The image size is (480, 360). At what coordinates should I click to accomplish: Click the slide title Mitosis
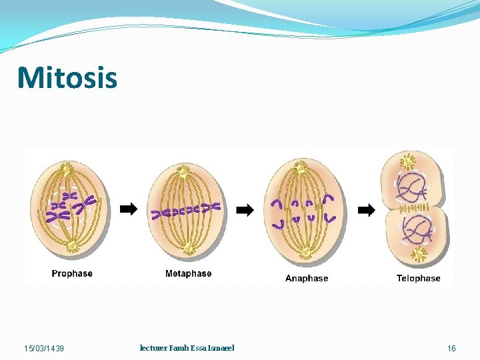point(67,77)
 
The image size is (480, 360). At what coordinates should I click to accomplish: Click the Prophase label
point(72,274)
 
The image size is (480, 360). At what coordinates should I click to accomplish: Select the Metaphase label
point(188,274)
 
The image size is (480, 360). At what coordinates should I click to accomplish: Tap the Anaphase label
point(307,279)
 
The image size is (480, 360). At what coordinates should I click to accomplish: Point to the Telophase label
point(418,279)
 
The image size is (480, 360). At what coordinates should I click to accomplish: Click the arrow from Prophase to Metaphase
point(129,209)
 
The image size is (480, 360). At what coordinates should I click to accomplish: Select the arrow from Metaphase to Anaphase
point(245,211)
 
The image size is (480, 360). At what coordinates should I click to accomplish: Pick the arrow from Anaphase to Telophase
point(367,211)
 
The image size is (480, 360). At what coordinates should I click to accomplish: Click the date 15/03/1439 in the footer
point(44,349)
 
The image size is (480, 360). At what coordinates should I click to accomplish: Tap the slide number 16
point(451,349)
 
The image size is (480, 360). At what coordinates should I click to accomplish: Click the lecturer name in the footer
point(187,348)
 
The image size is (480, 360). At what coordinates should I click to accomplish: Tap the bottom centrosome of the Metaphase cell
point(188,248)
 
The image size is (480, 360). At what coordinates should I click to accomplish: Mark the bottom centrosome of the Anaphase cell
point(306,252)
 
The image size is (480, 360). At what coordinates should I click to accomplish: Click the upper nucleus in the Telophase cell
point(414,187)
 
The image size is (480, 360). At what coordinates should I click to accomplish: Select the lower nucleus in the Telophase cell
point(417,231)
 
